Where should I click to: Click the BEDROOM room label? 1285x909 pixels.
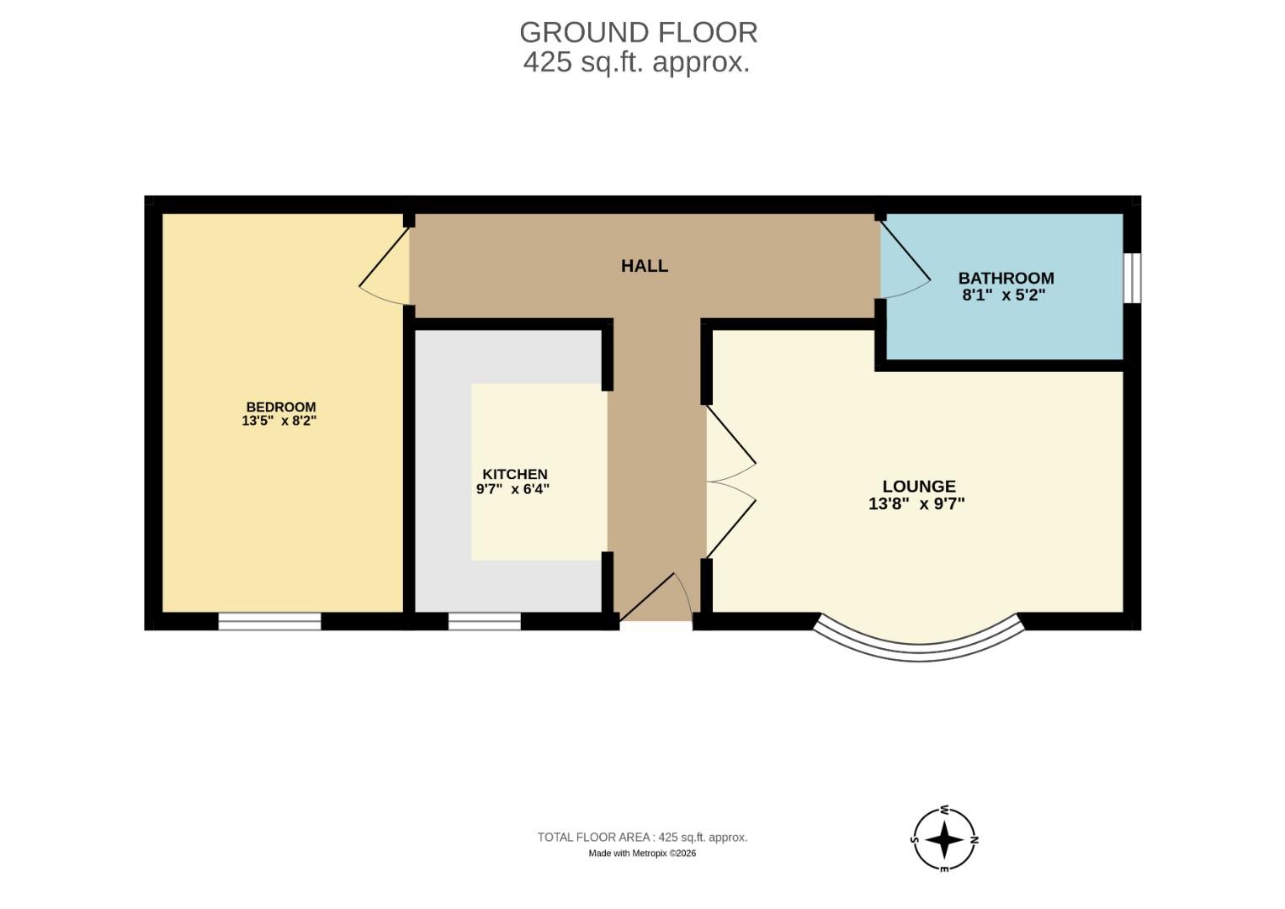(x=280, y=407)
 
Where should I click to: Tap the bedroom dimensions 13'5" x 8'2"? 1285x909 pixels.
(x=279, y=421)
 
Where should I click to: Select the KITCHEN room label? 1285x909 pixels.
(x=514, y=475)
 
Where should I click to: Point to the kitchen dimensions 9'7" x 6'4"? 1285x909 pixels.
(x=512, y=489)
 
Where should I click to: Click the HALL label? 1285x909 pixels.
(x=644, y=266)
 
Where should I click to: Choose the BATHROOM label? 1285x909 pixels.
(x=1006, y=279)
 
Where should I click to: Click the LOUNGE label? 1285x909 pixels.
(x=918, y=486)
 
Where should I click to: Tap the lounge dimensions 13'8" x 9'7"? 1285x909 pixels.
(x=916, y=504)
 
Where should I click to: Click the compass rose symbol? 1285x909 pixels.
(x=944, y=839)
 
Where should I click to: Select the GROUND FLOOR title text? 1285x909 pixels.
(x=638, y=32)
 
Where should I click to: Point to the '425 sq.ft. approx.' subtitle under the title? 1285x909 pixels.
(x=636, y=62)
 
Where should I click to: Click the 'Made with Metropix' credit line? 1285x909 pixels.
(x=641, y=853)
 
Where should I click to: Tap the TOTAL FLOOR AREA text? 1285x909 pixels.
(x=642, y=837)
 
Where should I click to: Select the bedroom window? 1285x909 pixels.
(x=269, y=621)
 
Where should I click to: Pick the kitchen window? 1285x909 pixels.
(x=484, y=621)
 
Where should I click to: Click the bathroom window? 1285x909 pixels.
(x=1133, y=277)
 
